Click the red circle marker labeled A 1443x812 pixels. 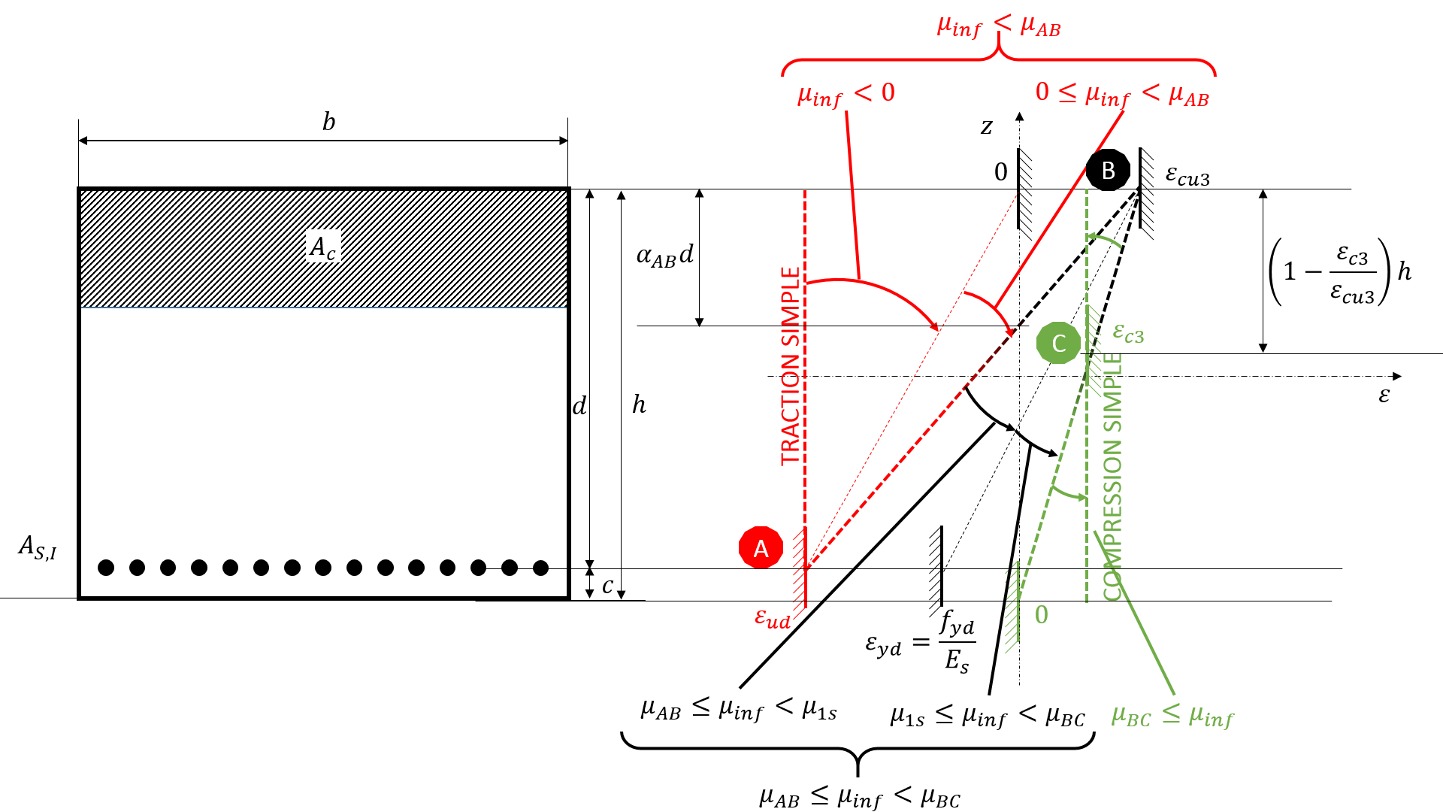761,547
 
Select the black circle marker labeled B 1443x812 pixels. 1108,171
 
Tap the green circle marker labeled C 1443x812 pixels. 1058,343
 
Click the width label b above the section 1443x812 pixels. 328,122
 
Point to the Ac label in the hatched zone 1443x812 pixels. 323,247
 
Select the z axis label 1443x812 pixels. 987,126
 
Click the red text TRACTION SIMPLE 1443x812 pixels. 790,366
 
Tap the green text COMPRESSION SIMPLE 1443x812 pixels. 1112,476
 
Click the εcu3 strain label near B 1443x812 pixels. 1187,175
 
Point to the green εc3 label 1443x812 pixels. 1128,332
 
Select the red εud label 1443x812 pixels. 773,618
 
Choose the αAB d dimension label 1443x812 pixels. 664,256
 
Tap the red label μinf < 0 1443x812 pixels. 846,94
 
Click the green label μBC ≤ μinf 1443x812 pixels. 1172,716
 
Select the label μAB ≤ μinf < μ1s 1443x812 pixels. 738,708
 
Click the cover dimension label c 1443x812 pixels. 607,585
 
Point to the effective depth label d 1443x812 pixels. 579,407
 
